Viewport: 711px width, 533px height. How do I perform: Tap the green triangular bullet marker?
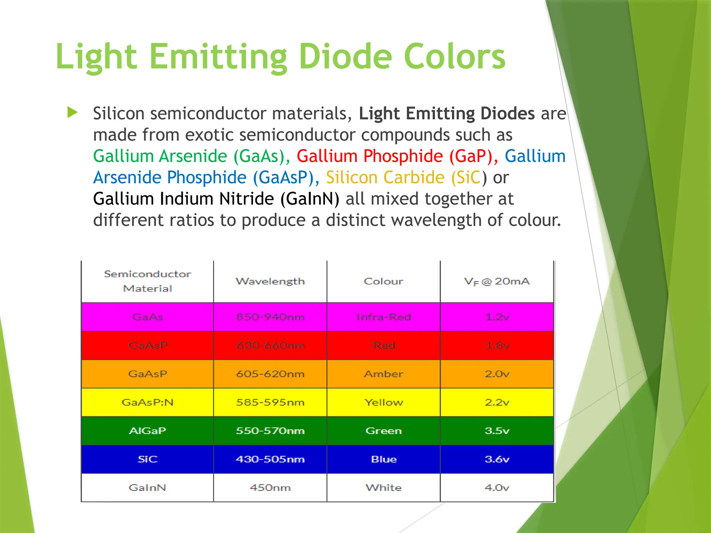tap(72, 112)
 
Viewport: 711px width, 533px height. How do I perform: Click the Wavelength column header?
tap(270, 281)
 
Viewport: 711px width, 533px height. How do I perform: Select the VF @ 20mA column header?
tap(497, 281)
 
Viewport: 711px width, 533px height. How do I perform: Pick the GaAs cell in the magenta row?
tap(148, 317)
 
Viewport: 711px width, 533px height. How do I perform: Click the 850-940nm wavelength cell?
tap(270, 317)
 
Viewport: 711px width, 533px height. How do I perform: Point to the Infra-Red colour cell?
tap(384, 317)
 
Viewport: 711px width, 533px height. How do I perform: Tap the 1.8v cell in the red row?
tap(497, 346)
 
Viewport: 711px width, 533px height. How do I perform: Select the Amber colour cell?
tap(384, 374)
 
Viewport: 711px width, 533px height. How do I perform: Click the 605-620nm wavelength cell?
tap(270, 374)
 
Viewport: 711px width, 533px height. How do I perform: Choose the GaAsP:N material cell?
tap(148, 403)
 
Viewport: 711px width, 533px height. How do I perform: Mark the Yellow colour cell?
tap(384, 403)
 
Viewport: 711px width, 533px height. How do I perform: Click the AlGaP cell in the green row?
tap(148, 431)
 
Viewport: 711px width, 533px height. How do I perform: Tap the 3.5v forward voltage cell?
tap(497, 431)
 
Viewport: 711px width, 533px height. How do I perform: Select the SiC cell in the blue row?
tap(148, 459)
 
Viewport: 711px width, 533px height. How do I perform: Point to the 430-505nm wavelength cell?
tap(270, 459)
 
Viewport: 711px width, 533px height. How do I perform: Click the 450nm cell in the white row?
tap(270, 488)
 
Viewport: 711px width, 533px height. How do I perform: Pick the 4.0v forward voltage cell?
tap(497, 488)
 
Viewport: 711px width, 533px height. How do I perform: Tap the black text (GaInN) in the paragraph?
tap(310, 199)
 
